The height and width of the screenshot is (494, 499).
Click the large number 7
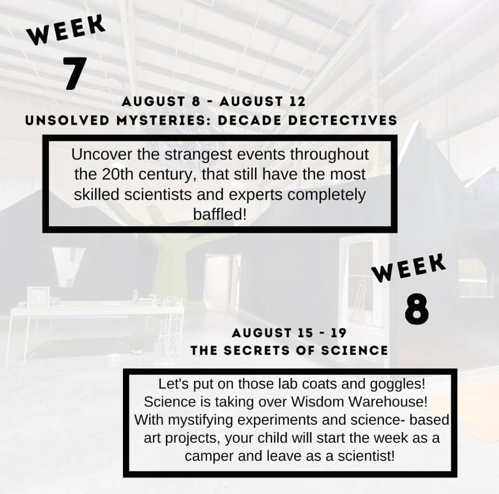pos(75,73)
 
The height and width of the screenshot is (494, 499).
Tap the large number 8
pos(417,309)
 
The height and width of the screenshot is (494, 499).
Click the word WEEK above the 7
pos(66,30)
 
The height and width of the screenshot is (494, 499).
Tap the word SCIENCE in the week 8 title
pos(355,351)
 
